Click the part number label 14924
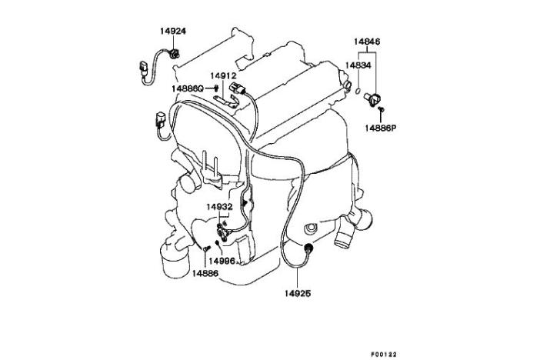pyautogui.click(x=172, y=31)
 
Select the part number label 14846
pyautogui.click(x=367, y=42)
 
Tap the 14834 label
pyautogui.click(x=358, y=65)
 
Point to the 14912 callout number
pyautogui.click(x=224, y=76)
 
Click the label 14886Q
pyautogui.click(x=188, y=89)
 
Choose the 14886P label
pyautogui.click(x=381, y=128)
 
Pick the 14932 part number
pyautogui.click(x=220, y=207)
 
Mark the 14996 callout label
pyautogui.click(x=222, y=262)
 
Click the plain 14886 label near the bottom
pyautogui.click(x=205, y=274)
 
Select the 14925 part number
pyautogui.click(x=298, y=294)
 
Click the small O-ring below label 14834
pyautogui.click(x=358, y=92)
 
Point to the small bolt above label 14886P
pyautogui.click(x=381, y=109)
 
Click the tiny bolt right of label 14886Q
pyautogui.click(x=216, y=88)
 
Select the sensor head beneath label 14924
pyautogui.click(x=175, y=54)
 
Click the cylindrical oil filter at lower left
pyautogui.click(x=175, y=260)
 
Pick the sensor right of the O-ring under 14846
pyautogui.click(x=372, y=99)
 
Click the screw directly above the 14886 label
pyautogui.click(x=205, y=248)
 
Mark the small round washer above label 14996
pyautogui.click(x=217, y=243)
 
